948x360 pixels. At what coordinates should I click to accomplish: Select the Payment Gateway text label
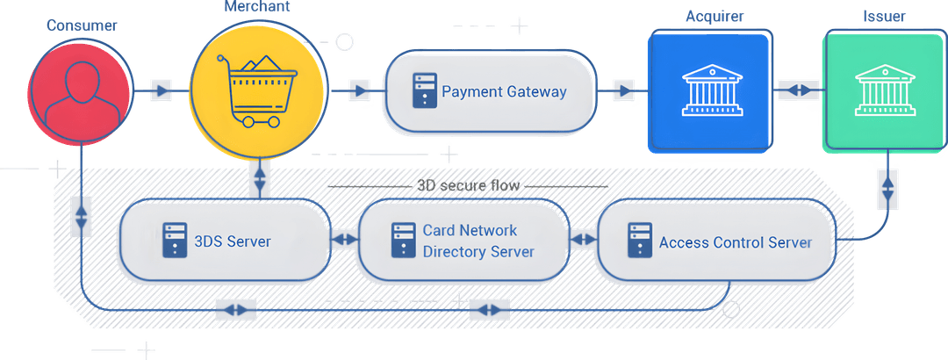click(x=504, y=91)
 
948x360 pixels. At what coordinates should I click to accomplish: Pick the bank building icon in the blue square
click(x=710, y=90)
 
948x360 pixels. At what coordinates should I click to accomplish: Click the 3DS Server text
click(x=232, y=241)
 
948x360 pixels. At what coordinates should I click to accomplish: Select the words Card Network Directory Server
click(x=478, y=241)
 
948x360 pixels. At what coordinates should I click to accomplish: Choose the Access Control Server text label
click(x=735, y=242)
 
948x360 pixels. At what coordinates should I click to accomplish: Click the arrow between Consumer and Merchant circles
click(x=161, y=90)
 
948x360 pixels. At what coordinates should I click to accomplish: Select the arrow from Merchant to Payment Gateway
click(x=358, y=90)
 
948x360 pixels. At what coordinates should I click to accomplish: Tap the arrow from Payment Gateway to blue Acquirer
click(x=622, y=90)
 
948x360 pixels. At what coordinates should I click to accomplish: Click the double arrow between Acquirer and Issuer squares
click(x=798, y=90)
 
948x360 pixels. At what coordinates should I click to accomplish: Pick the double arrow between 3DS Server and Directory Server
click(x=344, y=239)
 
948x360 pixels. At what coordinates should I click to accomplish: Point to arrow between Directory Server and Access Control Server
click(x=581, y=239)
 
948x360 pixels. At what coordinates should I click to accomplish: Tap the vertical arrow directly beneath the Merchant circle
click(x=258, y=179)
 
